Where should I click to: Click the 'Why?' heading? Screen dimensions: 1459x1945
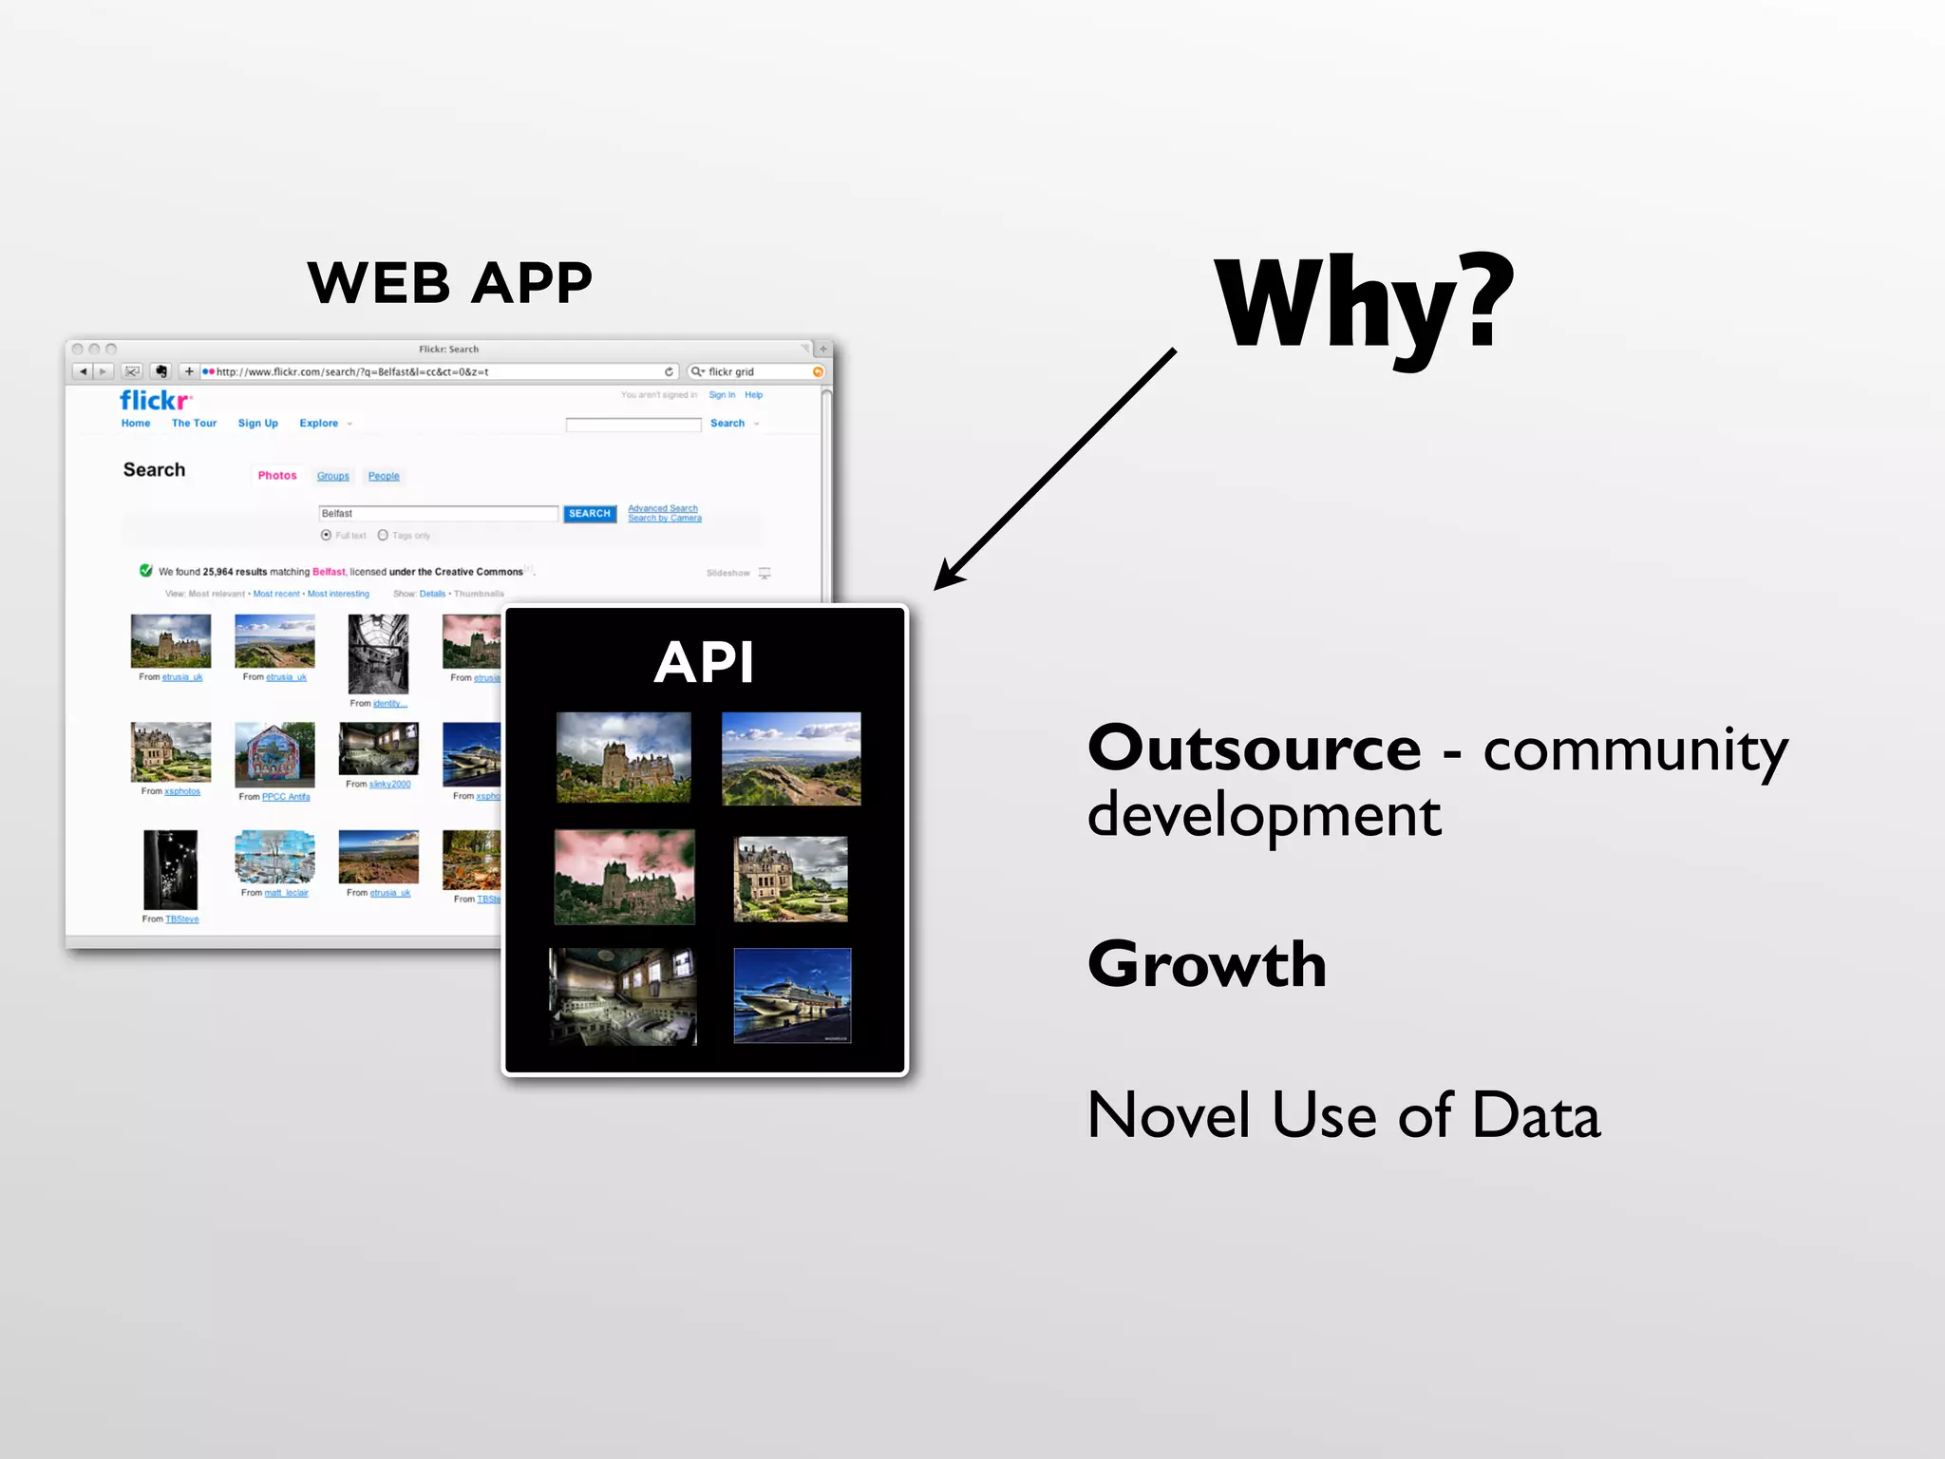point(1364,306)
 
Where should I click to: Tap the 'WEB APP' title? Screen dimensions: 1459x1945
point(449,283)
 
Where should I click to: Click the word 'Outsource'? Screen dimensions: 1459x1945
point(1254,749)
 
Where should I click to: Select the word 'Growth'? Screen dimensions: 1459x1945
point(1206,965)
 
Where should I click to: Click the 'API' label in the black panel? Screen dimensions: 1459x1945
point(704,662)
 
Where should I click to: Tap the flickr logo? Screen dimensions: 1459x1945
point(155,400)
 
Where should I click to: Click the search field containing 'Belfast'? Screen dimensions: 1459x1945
point(437,514)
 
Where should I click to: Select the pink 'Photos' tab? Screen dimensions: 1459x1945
point(277,476)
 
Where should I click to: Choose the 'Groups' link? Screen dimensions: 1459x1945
point(332,477)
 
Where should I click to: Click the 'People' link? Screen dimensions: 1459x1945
point(384,477)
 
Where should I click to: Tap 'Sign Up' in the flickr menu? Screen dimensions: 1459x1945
point(257,424)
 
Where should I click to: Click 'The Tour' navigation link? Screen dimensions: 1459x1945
point(194,424)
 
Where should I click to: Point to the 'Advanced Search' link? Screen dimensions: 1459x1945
point(663,508)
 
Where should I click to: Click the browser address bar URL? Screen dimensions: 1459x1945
point(351,372)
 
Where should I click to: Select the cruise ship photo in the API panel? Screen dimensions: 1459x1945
point(792,995)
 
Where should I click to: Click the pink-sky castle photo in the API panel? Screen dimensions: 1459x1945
point(624,877)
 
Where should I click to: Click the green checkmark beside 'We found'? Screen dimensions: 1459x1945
point(146,571)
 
